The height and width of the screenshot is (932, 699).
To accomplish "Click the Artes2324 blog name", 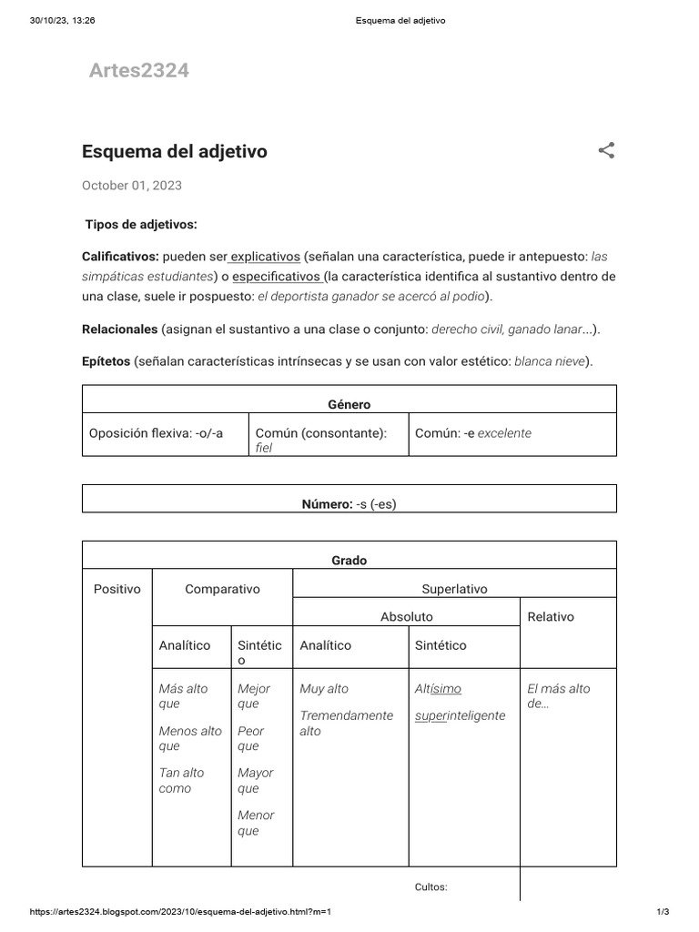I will pos(138,71).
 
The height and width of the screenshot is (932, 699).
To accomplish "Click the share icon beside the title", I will pos(606,150).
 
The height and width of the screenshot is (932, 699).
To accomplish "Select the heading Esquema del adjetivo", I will pos(175,151).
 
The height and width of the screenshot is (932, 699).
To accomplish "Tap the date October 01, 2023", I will pos(132,186).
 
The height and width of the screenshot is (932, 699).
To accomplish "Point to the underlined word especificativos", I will pos(277,277).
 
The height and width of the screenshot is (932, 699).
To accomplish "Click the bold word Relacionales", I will pos(120,329).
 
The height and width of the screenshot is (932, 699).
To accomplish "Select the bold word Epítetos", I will pos(106,361).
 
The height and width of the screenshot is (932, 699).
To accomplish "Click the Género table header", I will pos(349,404).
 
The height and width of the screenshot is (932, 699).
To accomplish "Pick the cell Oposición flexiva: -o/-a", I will pos(156,433).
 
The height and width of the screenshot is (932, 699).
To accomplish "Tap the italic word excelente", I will pos(504,433).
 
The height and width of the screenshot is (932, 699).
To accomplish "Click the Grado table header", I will pos(349,561).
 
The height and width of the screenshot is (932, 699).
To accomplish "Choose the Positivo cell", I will pos(117,589).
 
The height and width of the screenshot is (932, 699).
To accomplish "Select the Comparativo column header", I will pos(222,589).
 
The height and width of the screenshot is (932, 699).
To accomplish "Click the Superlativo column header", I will pos(454,589).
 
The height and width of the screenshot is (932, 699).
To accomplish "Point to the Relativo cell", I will pos(551,616).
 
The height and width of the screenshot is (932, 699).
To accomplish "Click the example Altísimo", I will pos(438,689).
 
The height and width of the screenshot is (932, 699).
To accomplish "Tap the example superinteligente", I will pos(460,715).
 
